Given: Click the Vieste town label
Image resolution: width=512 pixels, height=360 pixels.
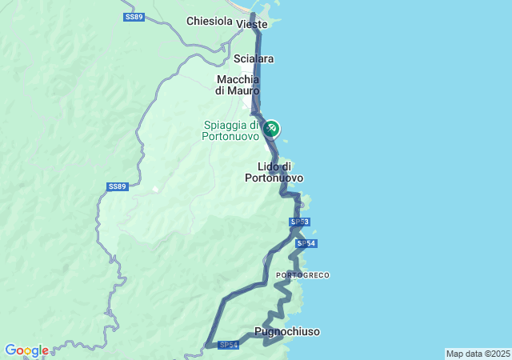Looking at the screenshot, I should [252, 25].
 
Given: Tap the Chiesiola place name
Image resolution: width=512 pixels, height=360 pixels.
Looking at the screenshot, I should [208, 21].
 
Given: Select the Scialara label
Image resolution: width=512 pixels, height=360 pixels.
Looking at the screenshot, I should [254, 58].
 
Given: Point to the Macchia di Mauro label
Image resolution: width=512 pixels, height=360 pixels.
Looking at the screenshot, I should [238, 85].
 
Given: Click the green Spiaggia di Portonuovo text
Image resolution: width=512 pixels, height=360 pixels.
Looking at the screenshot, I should [230, 130].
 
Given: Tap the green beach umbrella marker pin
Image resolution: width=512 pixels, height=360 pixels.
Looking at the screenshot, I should [272, 128].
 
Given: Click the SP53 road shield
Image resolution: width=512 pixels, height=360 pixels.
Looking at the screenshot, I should [299, 222].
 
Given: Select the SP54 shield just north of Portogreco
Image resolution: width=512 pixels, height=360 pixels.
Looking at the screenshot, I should [306, 243].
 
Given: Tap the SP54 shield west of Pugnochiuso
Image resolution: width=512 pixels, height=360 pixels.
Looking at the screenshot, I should [229, 345].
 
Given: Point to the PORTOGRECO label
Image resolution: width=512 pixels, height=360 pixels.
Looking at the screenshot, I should [302, 275].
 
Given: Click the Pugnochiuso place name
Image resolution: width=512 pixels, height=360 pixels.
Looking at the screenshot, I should [286, 330].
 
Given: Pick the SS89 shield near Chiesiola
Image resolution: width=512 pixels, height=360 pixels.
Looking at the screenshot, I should [134, 17].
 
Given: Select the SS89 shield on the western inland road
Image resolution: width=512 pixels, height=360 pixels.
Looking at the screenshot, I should [117, 186].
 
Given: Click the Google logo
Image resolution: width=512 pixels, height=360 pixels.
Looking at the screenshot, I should [26, 350].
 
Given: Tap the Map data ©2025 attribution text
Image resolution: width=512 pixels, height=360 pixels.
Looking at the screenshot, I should [478, 354].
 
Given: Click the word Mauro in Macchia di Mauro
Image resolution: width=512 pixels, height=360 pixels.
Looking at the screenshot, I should [244, 91].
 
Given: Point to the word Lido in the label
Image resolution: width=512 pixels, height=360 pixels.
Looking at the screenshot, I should [267, 166].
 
